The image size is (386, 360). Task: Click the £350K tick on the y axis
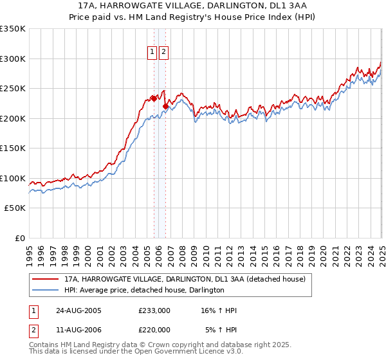click(x=13, y=29)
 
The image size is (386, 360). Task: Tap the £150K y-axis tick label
click(x=13, y=148)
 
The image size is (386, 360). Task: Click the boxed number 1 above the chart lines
click(x=152, y=53)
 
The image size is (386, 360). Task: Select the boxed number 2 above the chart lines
click(x=163, y=53)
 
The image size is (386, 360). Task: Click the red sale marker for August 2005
click(x=154, y=98)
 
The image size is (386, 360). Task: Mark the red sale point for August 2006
click(x=165, y=106)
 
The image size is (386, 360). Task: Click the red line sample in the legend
click(x=45, y=278)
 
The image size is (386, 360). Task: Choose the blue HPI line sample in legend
click(x=45, y=290)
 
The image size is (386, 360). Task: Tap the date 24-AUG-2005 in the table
click(x=78, y=310)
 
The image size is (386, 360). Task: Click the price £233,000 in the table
click(x=154, y=310)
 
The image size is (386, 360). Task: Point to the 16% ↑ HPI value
click(x=218, y=310)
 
